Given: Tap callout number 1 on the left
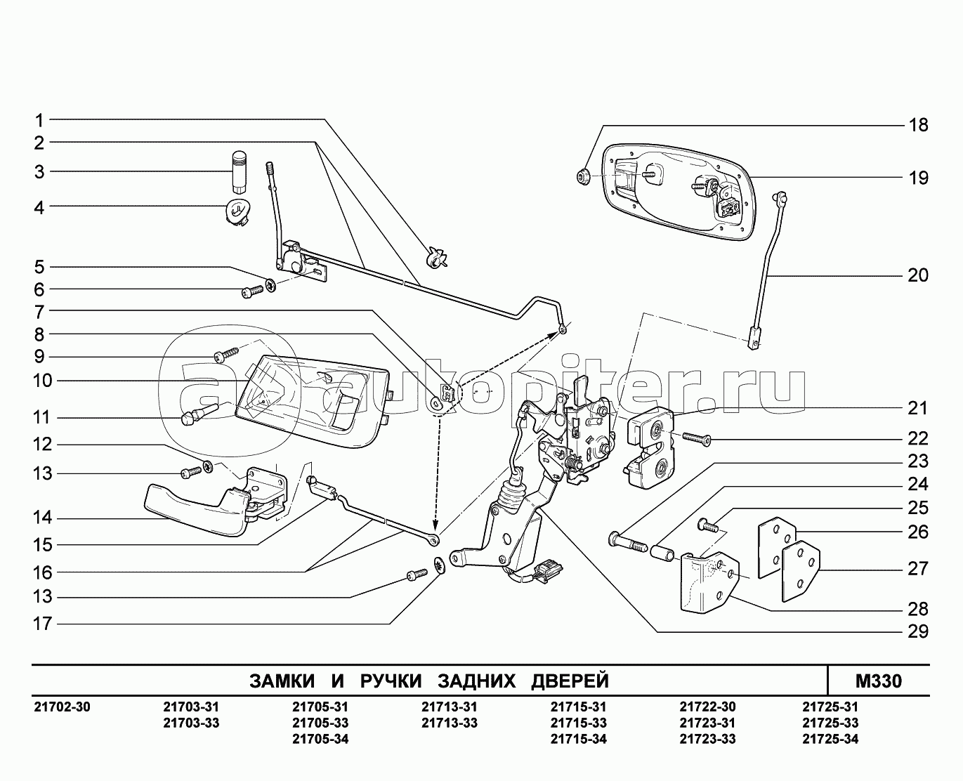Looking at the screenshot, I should (x=40, y=119).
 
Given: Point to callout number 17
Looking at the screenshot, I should (x=43, y=623).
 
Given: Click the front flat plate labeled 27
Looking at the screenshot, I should (x=800, y=569).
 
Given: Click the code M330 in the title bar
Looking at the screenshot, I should (x=878, y=681).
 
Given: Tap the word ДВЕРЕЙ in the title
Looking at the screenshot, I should (x=570, y=681).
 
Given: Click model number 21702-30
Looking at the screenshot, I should (x=62, y=707).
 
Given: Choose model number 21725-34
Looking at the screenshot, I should (x=830, y=739).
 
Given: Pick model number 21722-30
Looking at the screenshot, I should (x=707, y=707).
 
